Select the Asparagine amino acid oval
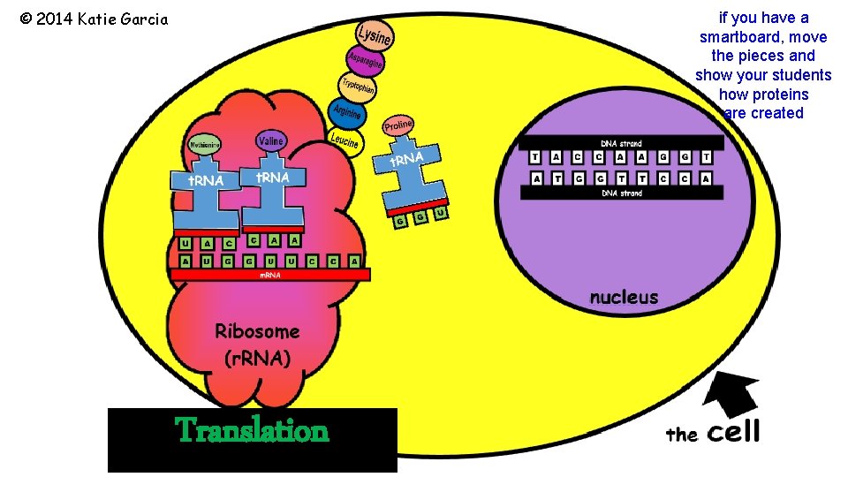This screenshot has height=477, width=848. tap(364, 60)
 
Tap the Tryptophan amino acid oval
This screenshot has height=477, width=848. tap(358, 87)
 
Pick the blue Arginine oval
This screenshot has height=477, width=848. tap(346, 113)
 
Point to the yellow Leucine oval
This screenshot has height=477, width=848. tap(344, 140)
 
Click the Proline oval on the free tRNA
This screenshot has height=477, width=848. tap(397, 126)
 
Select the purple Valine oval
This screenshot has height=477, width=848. tap(270, 141)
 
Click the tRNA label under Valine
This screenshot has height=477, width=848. tap(272, 177)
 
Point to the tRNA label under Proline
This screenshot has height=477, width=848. tap(407, 161)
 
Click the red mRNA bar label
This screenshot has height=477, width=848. tap(270, 276)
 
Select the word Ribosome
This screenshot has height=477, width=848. tap(257, 331)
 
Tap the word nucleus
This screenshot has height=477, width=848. tap(624, 297)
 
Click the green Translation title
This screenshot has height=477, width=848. tap(253, 431)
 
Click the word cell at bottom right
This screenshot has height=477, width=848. tap(733, 432)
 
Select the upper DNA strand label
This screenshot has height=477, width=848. tap(621, 143)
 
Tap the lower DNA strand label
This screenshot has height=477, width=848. tap(621, 193)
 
